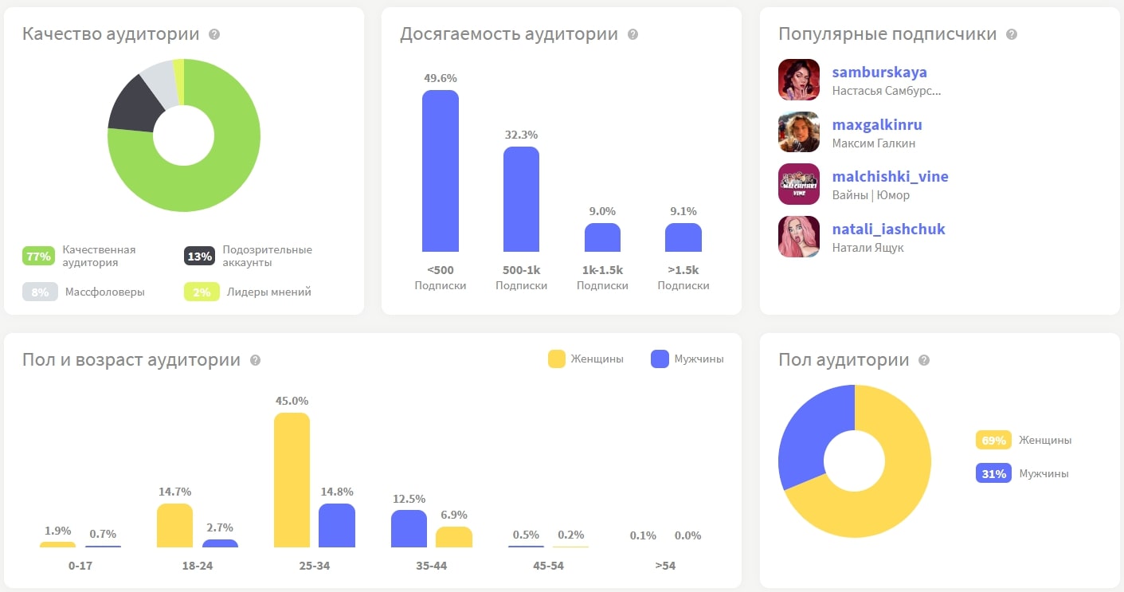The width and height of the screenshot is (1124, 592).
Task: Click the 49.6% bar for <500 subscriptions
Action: tap(440, 171)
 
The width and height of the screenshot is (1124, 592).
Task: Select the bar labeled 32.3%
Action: tap(521, 199)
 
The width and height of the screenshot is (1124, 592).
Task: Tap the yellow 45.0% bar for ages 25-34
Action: tap(292, 480)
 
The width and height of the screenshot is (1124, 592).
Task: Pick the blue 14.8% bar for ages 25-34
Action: tap(336, 525)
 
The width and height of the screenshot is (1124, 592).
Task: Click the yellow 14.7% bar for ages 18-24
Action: tap(174, 525)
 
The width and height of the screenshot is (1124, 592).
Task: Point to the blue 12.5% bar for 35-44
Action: tap(409, 528)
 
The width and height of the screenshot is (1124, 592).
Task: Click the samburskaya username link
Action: tap(879, 73)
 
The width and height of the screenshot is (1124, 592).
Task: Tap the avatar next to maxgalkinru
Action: tap(799, 132)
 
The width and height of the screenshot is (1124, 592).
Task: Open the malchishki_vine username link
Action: tap(890, 176)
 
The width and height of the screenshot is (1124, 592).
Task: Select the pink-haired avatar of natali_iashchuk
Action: tap(799, 237)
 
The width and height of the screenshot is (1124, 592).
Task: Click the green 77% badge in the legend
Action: tap(38, 257)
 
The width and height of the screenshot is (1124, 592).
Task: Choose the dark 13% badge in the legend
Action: tap(199, 257)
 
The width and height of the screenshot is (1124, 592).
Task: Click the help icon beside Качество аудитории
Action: tap(214, 35)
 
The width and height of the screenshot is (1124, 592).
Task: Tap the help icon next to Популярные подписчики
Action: tap(1012, 35)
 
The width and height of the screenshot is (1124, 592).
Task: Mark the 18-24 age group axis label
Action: tap(197, 567)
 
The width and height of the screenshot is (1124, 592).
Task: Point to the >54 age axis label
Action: tap(664, 567)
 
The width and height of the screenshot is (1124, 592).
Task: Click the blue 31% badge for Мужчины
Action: tap(993, 473)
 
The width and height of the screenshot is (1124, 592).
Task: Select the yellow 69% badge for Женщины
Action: tap(993, 440)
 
